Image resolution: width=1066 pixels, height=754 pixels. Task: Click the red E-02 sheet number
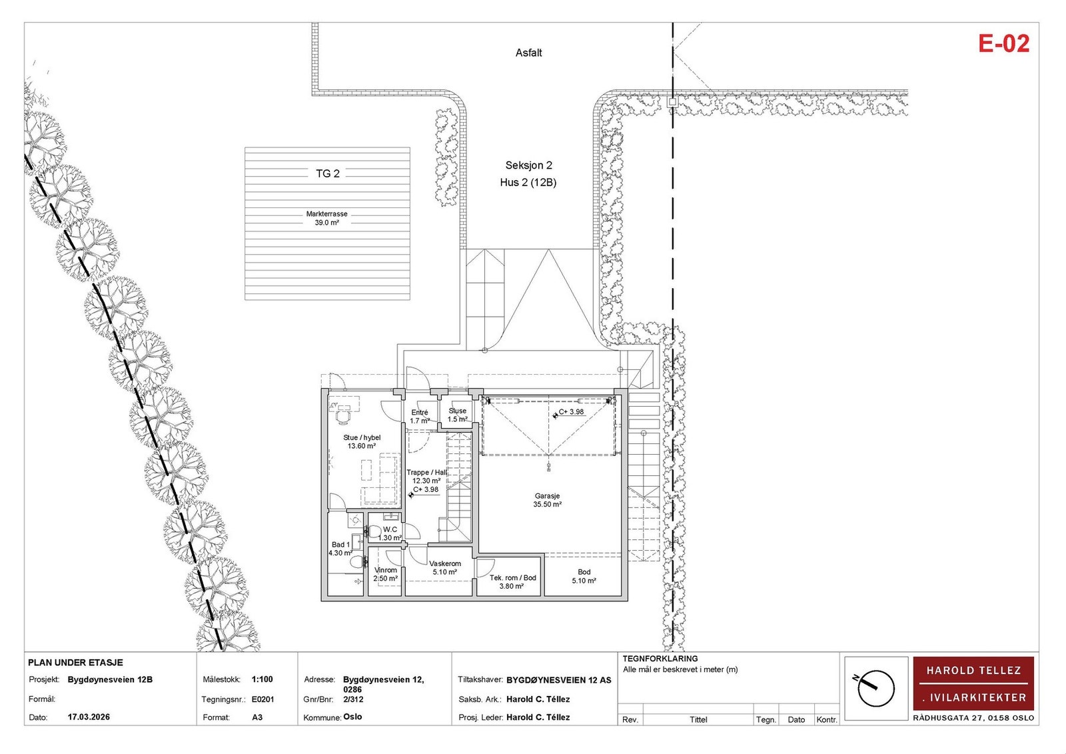pos(1003,43)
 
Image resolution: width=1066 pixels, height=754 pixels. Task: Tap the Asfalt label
pos(528,53)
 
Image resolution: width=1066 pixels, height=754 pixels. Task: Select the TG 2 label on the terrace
pos(328,173)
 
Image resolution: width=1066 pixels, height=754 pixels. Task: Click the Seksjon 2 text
pos(529,165)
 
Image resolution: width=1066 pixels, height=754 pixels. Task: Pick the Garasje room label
pos(547,496)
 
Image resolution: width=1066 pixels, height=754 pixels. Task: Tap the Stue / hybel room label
pos(362,437)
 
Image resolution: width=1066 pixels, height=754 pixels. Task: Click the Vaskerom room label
pos(445,563)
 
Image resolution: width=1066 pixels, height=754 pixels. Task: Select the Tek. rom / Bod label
pos(513,578)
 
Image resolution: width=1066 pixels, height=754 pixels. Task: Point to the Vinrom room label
pos(386,570)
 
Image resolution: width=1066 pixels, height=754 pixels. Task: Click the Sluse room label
pos(457,411)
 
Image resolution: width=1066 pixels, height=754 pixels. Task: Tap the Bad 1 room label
pos(340,545)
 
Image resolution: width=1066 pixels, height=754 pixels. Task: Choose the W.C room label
pos(390,529)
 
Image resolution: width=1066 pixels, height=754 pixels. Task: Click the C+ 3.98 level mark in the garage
pos(571,412)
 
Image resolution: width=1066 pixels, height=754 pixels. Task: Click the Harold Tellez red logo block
pos(973,683)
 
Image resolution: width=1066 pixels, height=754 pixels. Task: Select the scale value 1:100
pos(263,680)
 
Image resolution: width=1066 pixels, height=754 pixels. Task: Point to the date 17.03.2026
pos(89,717)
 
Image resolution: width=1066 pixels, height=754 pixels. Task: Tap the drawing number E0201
pos(263,700)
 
